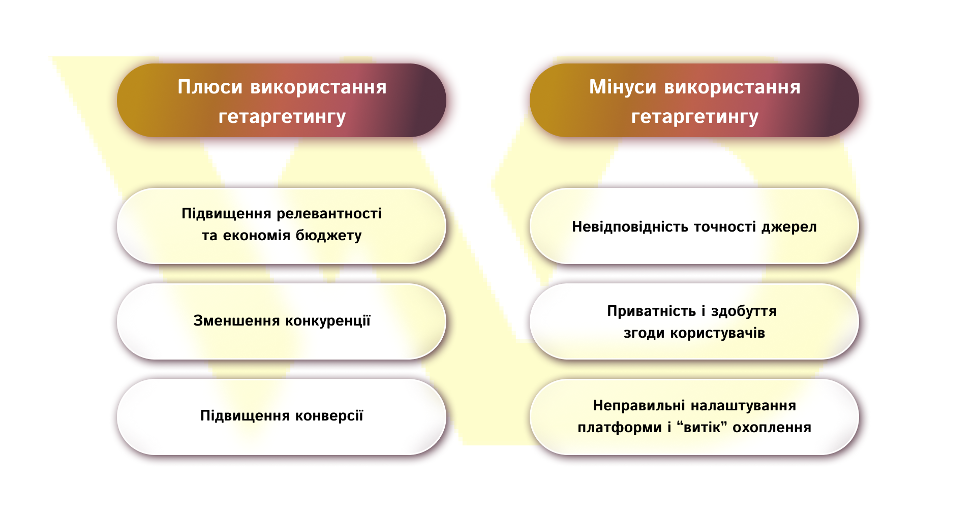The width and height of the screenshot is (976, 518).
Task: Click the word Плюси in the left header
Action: pyautogui.click(x=210, y=87)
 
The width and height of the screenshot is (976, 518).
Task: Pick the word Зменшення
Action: pyautogui.click(x=236, y=321)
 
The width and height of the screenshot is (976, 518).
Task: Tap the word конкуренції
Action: pyautogui.click(x=328, y=321)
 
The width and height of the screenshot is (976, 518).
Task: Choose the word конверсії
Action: pyautogui.click(x=329, y=416)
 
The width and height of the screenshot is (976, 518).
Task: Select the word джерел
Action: pyautogui.click(x=789, y=226)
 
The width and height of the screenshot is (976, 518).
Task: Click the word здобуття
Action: pyautogui.click(x=744, y=311)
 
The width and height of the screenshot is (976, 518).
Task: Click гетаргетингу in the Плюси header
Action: pyautogui.click(x=282, y=117)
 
